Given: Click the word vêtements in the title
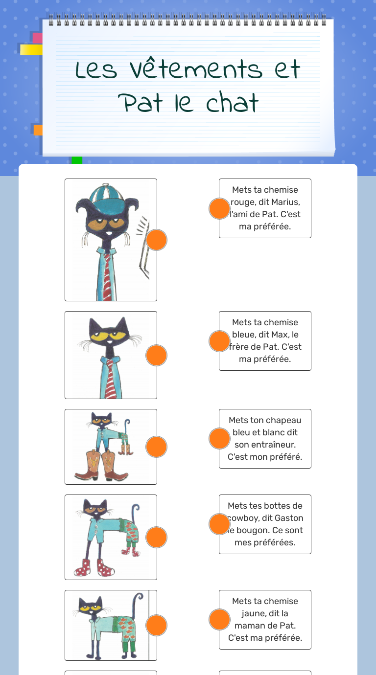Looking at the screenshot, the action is click(x=196, y=68).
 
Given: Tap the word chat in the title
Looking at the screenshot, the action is click(x=232, y=102).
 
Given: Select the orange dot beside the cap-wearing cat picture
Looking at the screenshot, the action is click(x=157, y=240).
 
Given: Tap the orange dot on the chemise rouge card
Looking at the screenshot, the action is click(x=219, y=208).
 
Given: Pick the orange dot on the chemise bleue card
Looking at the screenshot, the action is click(x=219, y=341).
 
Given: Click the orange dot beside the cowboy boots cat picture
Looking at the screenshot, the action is click(x=157, y=447).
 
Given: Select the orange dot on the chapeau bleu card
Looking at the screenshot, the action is click(x=219, y=438).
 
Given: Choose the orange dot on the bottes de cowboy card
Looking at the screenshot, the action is click(x=219, y=524).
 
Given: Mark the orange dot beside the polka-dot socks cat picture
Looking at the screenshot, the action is click(x=157, y=537).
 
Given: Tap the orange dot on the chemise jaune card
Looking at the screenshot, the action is click(x=219, y=620).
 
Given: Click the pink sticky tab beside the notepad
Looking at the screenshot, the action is click(x=37, y=38).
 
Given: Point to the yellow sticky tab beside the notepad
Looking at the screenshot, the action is click(x=31, y=50).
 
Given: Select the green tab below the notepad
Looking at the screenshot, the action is click(x=77, y=160).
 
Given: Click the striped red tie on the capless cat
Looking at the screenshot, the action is click(x=110, y=379).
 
